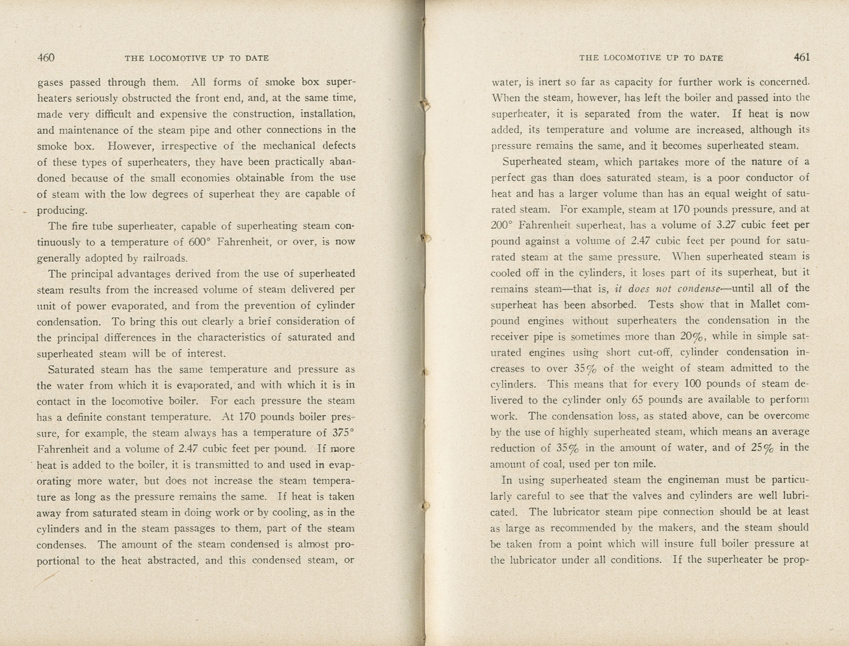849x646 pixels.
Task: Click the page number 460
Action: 46,58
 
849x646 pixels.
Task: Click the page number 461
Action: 801,57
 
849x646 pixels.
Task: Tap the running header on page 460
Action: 196,58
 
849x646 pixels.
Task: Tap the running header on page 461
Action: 651,58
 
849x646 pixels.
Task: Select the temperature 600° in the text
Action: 201,242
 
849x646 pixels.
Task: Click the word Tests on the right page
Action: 662,304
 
